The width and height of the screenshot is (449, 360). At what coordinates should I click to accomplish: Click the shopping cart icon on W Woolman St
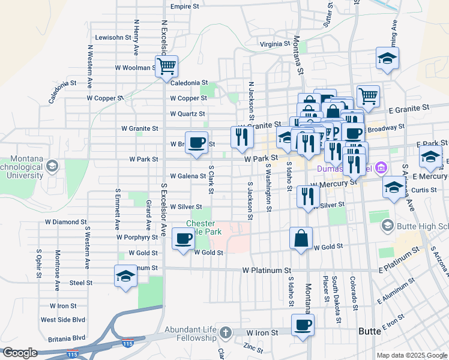(166, 65)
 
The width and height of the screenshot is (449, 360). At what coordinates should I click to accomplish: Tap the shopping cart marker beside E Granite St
(368, 95)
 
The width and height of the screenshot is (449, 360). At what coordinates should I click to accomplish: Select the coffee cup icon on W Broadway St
(196, 143)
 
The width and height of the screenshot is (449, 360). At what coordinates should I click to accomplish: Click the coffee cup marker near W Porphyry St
(183, 238)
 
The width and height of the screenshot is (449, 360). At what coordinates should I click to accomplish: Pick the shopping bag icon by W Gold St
(301, 238)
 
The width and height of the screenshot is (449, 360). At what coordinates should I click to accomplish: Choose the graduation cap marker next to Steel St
(126, 276)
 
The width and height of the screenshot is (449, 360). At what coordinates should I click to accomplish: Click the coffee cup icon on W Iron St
(303, 326)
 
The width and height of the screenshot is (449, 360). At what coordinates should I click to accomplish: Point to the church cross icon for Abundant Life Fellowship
(225, 332)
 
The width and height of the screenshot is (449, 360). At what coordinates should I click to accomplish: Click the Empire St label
(184, 7)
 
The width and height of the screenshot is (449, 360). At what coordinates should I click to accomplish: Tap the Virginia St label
(274, 44)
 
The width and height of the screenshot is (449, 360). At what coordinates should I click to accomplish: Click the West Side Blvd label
(63, 320)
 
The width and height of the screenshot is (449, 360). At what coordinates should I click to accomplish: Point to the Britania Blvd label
(63, 338)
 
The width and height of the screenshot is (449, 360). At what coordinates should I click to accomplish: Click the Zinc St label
(253, 346)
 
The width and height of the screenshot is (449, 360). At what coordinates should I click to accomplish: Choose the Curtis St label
(424, 190)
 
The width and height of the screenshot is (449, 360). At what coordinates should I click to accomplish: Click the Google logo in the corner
(20, 353)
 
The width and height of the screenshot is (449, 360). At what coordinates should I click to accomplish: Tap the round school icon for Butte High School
(387, 226)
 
